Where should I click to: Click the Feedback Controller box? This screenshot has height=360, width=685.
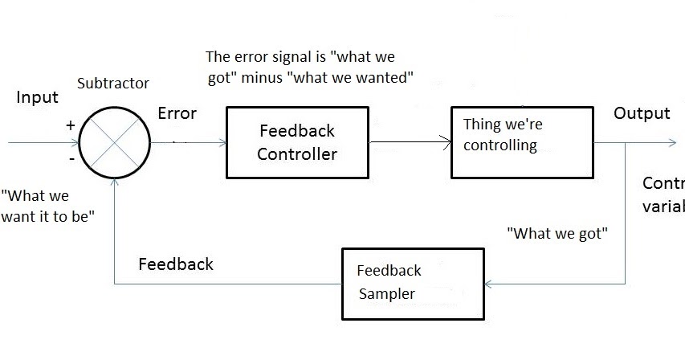pos(296,141)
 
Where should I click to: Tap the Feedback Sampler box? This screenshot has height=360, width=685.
pos(413,283)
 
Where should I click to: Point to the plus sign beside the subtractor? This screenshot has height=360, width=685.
pos(70,125)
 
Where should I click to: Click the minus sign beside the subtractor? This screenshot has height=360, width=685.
pos(71,160)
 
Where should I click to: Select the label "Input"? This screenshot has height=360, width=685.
pos(37,97)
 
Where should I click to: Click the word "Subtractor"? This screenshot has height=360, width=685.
pos(112,84)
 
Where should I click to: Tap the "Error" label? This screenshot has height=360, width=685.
pos(177,113)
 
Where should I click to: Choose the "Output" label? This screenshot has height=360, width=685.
pos(641,113)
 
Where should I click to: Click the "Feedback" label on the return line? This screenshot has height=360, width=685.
pos(175,264)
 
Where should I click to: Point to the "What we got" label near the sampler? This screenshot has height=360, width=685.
pos(557,234)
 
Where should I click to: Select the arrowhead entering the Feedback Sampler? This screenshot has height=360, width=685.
pos(490,284)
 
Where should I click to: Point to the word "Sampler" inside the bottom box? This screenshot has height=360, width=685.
pos(386,294)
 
